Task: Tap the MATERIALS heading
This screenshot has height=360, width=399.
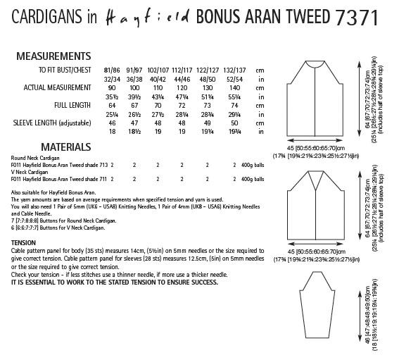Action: tap(47, 147)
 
